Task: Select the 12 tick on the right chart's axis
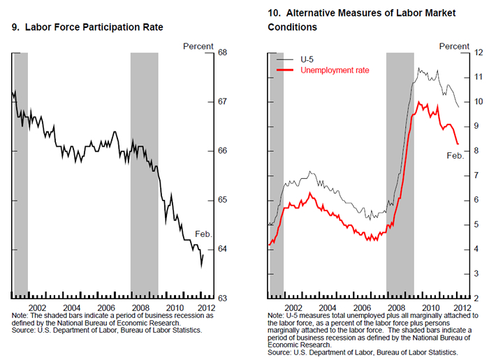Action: (480, 52)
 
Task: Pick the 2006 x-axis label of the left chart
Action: (105, 307)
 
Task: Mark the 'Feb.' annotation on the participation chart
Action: (203, 235)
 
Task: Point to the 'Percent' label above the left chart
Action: (198, 46)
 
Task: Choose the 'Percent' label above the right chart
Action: (454, 46)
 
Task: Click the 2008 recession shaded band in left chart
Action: (145, 175)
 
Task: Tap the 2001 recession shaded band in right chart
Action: (277, 175)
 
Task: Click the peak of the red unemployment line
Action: (418, 102)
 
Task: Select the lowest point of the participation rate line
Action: (201, 266)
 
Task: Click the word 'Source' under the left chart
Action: (23, 329)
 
